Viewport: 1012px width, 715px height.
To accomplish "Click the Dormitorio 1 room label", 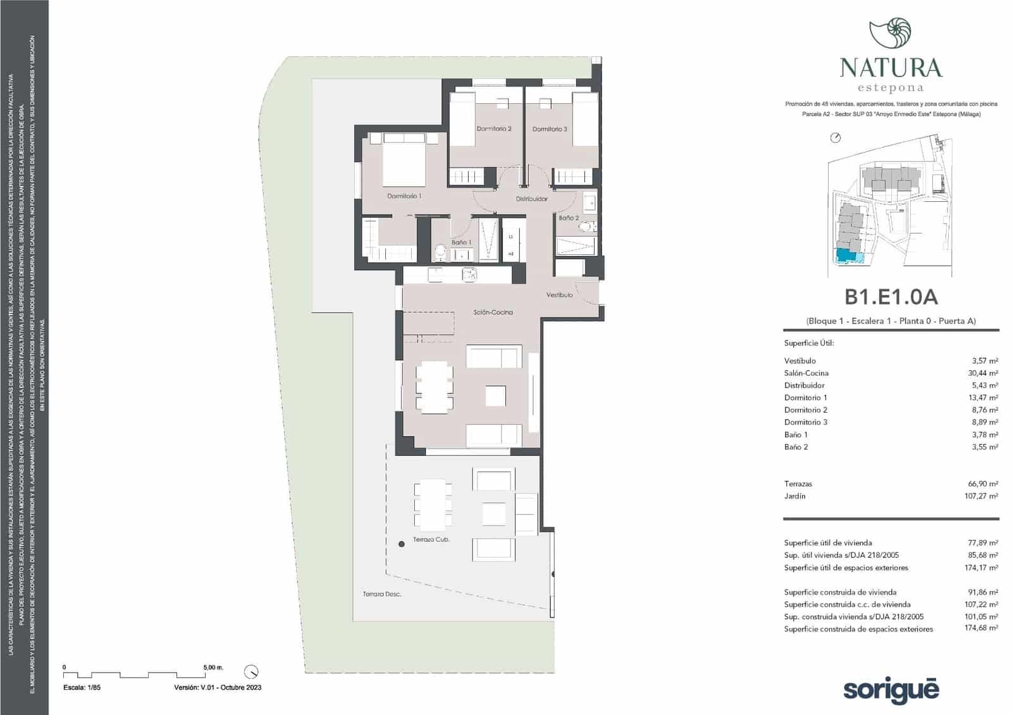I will [404, 196].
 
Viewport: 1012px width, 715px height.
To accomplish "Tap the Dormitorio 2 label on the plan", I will [494, 128].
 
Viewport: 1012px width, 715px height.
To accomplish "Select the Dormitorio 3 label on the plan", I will [550, 129].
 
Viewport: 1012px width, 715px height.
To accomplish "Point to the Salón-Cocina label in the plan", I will [493, 312].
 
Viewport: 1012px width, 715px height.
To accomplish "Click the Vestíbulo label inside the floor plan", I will [559, 295].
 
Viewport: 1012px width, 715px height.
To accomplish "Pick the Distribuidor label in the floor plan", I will [531, 199].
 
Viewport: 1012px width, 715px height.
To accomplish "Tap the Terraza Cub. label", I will [431, 540].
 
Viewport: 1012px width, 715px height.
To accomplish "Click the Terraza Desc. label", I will [381, 594].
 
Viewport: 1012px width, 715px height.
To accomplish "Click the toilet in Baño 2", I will [587, 227].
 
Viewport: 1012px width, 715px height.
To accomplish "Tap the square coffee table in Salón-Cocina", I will [495, 396].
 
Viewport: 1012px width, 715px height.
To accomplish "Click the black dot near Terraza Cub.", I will [401, 544].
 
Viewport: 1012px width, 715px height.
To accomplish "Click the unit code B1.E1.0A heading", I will [891, 297].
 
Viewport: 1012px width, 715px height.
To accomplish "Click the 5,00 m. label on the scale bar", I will [213, 667].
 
